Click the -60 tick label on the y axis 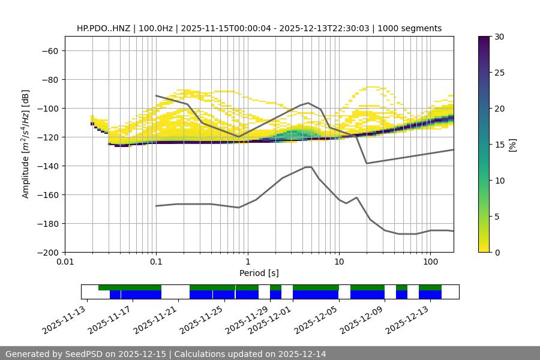pyautogui.click(x=49, y=50)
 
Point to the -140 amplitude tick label pyautogui.click(x=47, y=166)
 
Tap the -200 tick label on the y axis pyautogui.click(x=47, y=252)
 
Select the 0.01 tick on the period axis pyautogui.click(x=65, y=262)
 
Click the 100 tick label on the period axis pyautogui.click(x=430, y=262)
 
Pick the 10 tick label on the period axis pyautogui.click(x=339, y=262)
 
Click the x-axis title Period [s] pyautogui.click(x=259, y=273)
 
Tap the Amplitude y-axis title pyautogui.click(x=25, y=144)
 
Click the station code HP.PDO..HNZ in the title pyautogui.click(x=106, y=28)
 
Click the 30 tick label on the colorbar pyautogui.click(x=499, y=37)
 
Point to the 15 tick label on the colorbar pyautogui.click(x=499, y=145)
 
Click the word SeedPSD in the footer pyautogui.click(x=84, y=354)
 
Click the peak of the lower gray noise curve pyautogui.click(x=308, y=167)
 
